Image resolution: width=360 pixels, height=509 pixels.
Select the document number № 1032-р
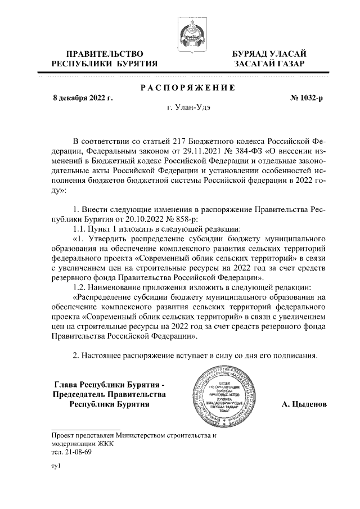point(306,98)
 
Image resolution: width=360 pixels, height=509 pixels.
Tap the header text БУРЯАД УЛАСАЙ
point(269,54)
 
